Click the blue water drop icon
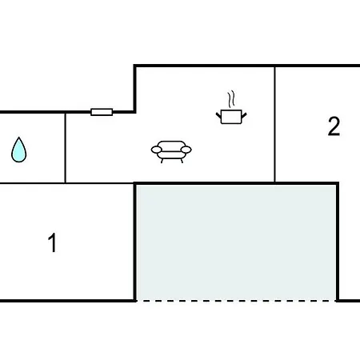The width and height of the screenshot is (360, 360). (x=19, y=150)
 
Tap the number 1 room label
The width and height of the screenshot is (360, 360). (x=53, y=242)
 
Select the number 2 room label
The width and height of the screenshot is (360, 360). (x=334, y=126)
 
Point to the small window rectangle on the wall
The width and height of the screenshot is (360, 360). (x=102, y=112)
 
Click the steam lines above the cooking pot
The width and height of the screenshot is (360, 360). (x=231, y=99)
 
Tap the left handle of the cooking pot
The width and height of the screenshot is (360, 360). (x=218, y=116)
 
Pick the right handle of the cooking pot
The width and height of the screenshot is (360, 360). (x=244, y=116)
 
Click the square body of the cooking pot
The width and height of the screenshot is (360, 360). (x=231, y=117)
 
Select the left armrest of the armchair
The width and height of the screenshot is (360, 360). (x=156, y=150)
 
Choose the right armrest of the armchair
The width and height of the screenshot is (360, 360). (x=186, y=150)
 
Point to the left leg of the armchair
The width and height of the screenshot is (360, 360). (x=162, y=161)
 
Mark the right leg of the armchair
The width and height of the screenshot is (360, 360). (x=182, y=161)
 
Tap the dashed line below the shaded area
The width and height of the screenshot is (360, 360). (x=237, y=301)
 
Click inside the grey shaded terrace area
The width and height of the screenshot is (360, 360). (x=236, y=242)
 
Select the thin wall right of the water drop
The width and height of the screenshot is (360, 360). (x=65, y=148)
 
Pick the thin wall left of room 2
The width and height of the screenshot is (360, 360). (x=274, y=124)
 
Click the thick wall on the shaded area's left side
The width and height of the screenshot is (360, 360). (x=135, y=242)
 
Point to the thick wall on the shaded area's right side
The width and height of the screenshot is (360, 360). (x=338, y=242)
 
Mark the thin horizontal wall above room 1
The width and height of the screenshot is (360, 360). (x=66, y=183)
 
